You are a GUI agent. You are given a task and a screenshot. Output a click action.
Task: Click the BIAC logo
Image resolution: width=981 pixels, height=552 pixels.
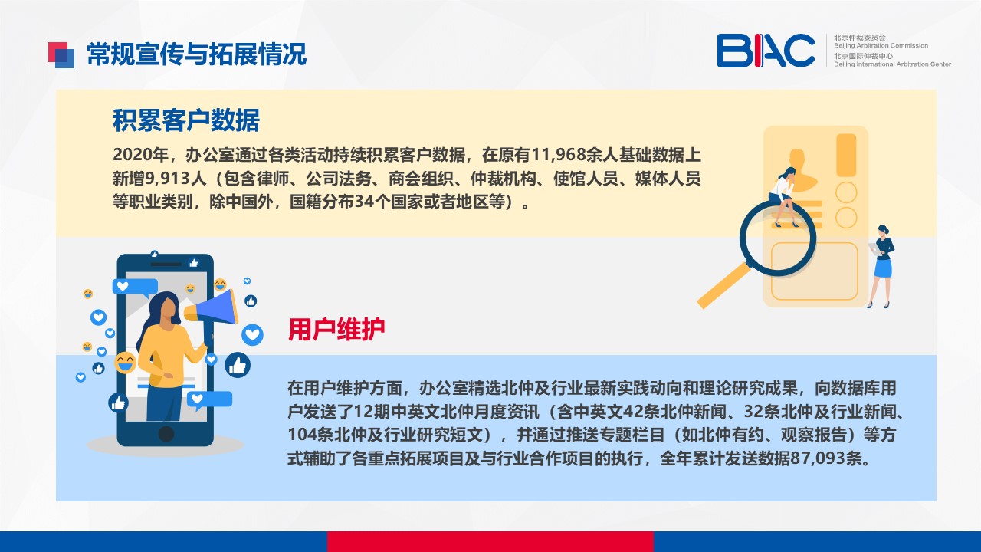766,51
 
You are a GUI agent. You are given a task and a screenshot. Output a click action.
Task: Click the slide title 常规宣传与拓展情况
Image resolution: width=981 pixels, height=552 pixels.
197,54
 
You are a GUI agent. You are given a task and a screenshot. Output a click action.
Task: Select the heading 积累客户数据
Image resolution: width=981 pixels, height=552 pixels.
186,120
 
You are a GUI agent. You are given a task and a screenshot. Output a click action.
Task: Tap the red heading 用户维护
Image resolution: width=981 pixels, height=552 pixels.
336,329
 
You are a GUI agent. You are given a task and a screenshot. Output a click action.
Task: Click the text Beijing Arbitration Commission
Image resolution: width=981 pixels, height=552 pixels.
881,45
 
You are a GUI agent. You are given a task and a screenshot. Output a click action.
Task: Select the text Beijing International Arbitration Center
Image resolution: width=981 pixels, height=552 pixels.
892,64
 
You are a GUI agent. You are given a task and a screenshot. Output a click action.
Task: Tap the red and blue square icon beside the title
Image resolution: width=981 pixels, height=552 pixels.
61,55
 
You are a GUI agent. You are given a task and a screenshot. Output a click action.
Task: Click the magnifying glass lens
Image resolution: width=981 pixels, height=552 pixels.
778,238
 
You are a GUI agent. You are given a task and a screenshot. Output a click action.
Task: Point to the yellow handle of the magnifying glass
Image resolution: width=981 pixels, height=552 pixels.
723,285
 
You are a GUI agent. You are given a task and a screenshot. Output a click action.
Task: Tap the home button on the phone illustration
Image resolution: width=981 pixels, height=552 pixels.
166,434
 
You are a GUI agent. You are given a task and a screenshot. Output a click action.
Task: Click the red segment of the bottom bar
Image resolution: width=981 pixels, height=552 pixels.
490,541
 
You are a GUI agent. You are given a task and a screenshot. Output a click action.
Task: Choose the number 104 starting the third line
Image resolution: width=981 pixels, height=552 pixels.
301,435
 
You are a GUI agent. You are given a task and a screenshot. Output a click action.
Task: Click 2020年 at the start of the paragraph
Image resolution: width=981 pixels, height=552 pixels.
140,155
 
